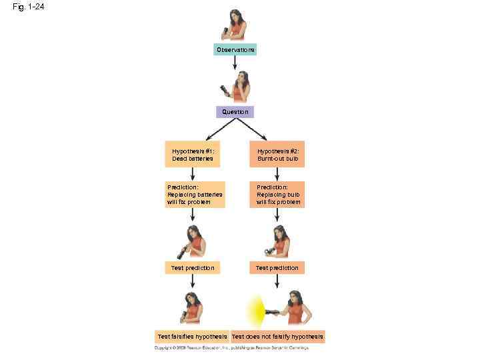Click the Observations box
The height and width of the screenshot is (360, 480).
tap(235, 50)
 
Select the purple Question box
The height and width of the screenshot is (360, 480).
tap(235, 112)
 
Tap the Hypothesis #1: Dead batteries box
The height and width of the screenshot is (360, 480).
tap(193, 155)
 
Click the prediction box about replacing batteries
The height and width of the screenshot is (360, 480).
tap(195, 195)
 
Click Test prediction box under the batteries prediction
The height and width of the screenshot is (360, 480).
tap(193, 268)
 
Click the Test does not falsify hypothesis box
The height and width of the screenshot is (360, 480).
tap(278, 337)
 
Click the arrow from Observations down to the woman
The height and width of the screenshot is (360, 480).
tap(235, 63)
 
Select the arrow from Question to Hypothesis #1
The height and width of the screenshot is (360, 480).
tap(211, 129)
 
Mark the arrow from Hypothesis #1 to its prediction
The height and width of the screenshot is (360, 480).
tap(193, 173)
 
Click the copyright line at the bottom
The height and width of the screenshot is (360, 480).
tap(239, 348)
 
